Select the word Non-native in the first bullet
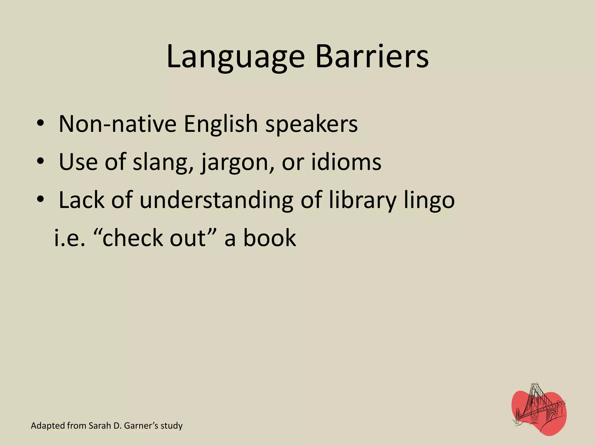(x=117, y=124)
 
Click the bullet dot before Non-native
(x=40, y=123)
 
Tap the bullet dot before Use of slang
(x=40, y=161)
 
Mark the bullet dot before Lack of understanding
(x=40, y=199)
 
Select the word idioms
(x=346, y=162)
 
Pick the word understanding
(x=216, y=200)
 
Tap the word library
(x=363, y=200)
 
